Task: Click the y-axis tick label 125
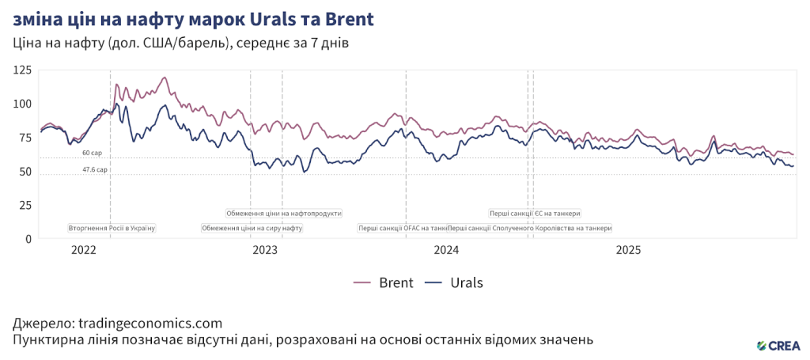click(x=22, y=70)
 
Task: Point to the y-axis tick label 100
click(x=22, y=104)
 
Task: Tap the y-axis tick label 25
click(x=25, y=205)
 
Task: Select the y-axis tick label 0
click(x=28, y=238)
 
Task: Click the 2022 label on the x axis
click(x=83, y=251)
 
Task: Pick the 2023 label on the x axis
click(x=265, y=251)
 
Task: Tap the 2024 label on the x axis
click(x=447, y=251)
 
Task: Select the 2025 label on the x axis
click(x=629, y=251)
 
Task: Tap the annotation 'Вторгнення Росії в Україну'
click(x=112, y=229)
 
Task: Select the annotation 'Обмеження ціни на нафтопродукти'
click(x=284, y=213)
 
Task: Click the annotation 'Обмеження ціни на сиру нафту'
click(x=252, y=229)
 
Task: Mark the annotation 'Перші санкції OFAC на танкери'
click(x=403, y=229)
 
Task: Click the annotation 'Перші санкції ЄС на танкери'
click(x=535, y=213)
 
